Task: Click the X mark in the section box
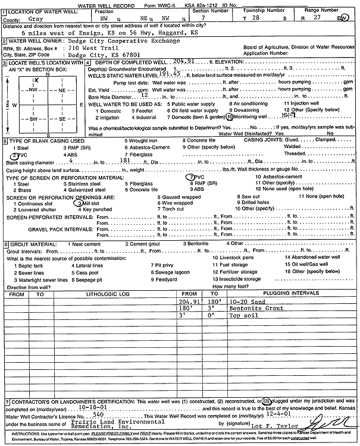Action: [x=36, y=79]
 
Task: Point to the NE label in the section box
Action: [x=62, y=89]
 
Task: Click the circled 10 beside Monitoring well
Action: [x=230, y=117]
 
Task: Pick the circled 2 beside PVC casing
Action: [x=13, y=153]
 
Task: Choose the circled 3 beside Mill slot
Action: [x=78, y=202]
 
